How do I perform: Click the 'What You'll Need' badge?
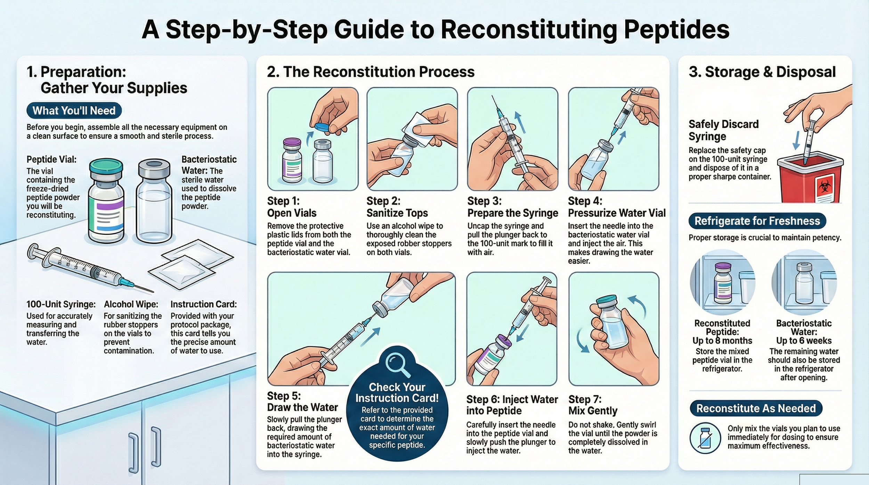pyautogui.click(x=74, y=111)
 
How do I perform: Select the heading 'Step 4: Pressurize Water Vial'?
pyautogui.click(x=617, y=207)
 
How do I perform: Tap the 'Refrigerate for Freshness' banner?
pyautogui.click(x=757, y=221)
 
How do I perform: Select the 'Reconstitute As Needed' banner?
pyautogui.click(x=756, y=408)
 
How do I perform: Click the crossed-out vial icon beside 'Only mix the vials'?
pyautogui.click(x=705, y=438)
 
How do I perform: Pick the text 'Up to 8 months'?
pyautogui.click(x=722, y=341)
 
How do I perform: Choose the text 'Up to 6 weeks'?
pyautogui.click(x=804, y=341)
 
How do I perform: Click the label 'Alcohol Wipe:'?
pyautogui.click(x=131, y=304)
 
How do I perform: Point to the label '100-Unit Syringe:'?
pyautogui.click(x=61, y=304)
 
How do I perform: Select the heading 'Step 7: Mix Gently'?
pyautogui.click(x=593, y=405)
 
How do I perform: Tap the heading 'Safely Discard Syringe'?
pyautogui.click(x=724, y=130)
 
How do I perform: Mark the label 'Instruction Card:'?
pyautogui.click(x=204, y=304)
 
